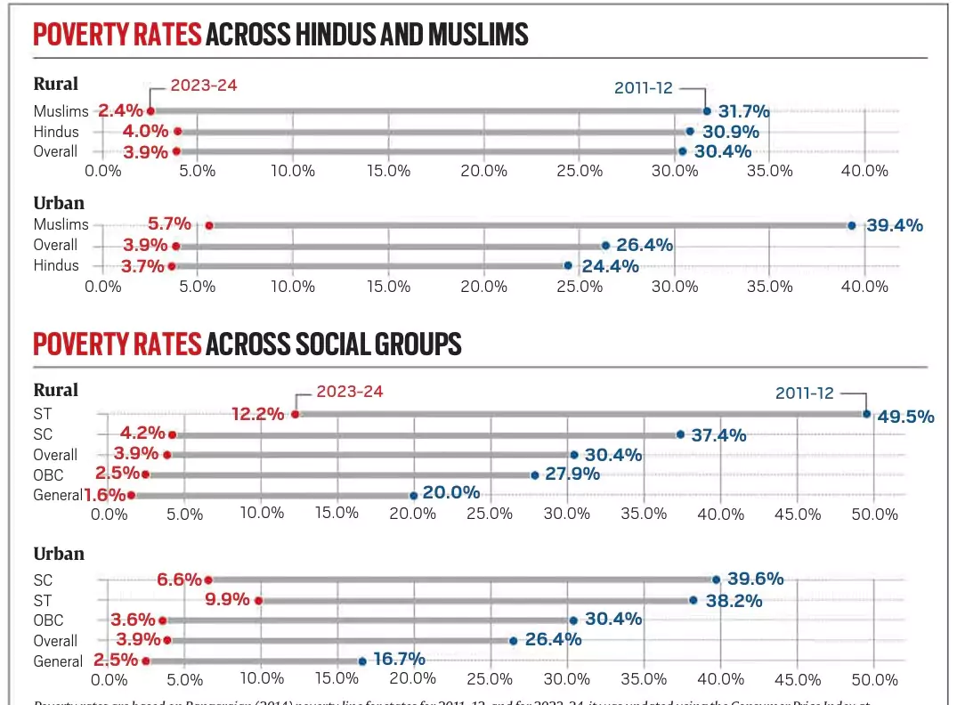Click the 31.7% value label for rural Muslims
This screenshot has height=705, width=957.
(x=744, y=111)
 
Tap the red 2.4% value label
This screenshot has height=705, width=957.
(x=120, y=111)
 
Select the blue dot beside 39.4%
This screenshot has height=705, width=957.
(x=851, y=225)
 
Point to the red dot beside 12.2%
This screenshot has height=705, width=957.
(x=296, y=413)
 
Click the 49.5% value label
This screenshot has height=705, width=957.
(x=905, y=416)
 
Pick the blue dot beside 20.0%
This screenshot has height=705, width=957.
(x=414, y=495)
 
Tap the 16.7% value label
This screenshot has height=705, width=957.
(x=399, y=660)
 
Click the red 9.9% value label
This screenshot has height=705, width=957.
(x=227, y=599)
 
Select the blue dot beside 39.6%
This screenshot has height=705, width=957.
(x=715, y=579)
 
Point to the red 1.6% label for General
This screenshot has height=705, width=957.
(x=104, y=495)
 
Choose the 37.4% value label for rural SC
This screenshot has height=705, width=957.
(x=720, y=434)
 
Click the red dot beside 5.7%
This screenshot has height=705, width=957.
(x=209, y=225)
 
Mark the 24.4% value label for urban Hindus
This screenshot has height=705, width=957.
(x=610, y=265)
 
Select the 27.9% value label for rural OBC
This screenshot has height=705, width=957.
(x=572, y=474)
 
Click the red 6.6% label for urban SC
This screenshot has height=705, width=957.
(x=179, y=579)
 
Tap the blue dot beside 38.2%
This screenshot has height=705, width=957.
(x=693, y=600)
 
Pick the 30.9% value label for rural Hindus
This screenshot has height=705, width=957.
(x=734, y=132)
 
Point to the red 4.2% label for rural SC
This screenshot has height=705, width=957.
(x=142, y=434)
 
